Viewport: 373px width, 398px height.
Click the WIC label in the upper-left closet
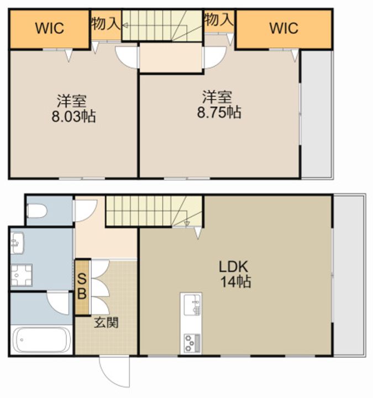tap(50, 28)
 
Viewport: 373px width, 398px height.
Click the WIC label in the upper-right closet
tap(283, 28)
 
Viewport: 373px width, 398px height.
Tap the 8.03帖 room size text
tap(74, 117)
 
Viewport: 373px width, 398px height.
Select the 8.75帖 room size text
tap(219, 112)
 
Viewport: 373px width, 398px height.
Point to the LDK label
tap(233, 267)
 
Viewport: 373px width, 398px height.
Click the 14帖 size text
tap(236, 282)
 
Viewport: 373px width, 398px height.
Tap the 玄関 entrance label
tap(106, 323)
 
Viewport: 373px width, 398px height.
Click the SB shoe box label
tap(82, 286)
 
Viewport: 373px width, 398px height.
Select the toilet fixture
tap(37, 211)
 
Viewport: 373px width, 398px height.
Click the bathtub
tap(42, 340)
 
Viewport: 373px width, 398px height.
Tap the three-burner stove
tap(192, 343)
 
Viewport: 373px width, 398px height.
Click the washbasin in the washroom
tap(17, 243)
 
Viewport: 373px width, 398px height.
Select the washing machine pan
tap(22, 275)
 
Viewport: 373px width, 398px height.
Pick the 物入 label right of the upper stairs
tap(219, 19)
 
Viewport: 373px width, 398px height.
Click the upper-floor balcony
tap(316, 114)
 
